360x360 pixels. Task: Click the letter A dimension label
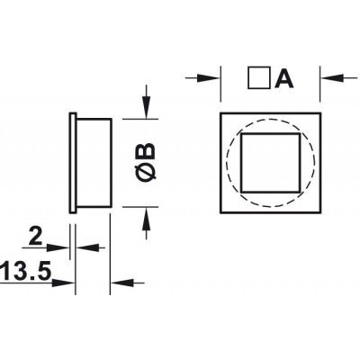283,78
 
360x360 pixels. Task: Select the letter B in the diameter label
147,151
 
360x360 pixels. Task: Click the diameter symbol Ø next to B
147,173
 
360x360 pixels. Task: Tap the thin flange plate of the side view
73,163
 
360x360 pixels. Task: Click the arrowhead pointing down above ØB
146,107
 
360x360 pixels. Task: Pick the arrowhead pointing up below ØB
146,219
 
